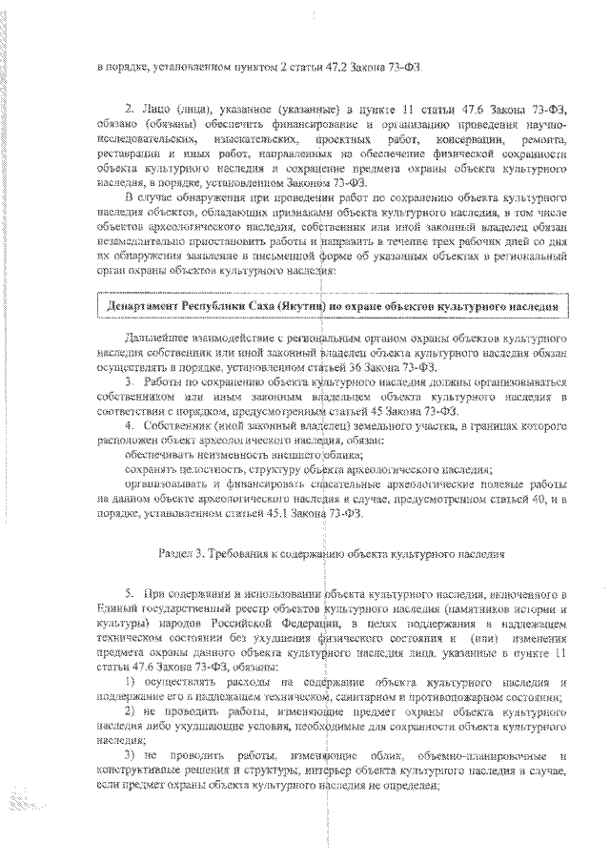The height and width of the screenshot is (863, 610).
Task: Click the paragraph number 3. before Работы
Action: pos(131,383)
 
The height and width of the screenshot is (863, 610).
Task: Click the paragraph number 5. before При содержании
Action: pos(131,595)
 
